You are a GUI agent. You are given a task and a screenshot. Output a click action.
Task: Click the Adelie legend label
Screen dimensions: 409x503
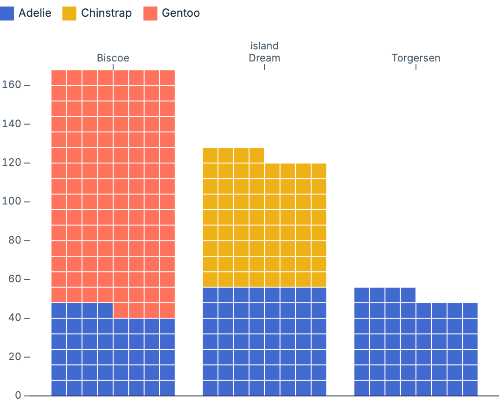pyautogui.click(x=35, y=13)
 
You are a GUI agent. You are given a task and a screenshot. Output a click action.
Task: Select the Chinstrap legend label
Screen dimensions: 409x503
pyautogui.click(x=106, y=13)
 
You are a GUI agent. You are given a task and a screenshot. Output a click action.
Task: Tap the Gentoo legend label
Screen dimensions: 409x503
pyautogui.click(x=181, y=13)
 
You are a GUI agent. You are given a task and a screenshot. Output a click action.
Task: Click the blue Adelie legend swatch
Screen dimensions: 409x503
pyautogui.click(x=7, y=13)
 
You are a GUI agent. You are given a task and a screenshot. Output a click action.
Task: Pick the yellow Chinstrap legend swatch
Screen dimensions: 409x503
pyautogui.click(x=69, y=13)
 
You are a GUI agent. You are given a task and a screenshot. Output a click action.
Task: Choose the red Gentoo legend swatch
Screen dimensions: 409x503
pyautogui.click(x=150, y=13)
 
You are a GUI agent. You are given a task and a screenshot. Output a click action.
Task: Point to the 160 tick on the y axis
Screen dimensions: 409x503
pyautogui.click(x=12, y=85)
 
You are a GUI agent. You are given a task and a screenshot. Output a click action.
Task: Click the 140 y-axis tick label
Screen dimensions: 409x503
pyautogui.click(x=12, y=124)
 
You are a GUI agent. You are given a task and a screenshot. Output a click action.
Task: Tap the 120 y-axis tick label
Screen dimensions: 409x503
pyautogui.click(x=12, y=163)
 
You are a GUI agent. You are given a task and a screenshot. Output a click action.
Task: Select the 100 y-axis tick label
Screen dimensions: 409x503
pyautogui.click(x=12, y=202)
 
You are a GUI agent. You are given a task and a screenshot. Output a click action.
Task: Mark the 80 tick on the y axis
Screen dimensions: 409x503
pyautogui.click(x=14, y=240)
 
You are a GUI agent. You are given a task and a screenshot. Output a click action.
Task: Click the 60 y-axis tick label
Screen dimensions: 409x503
pyautogui.click(x=14, y=279)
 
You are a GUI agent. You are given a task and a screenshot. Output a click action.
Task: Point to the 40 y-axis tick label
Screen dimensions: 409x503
pyautogui.click(x=14, y=318)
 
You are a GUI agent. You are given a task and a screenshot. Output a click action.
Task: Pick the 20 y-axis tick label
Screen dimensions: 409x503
pyautogui.click(x=14, y=357)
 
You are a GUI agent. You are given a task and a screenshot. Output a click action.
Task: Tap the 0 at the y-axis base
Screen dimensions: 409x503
pyautogui.click(x=18, y=395)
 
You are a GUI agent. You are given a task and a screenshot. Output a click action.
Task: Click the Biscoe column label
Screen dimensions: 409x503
pyautogui.click(x=113, y=58)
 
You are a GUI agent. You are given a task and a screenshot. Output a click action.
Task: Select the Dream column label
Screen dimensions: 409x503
pyautogui.click(x=264, y=58)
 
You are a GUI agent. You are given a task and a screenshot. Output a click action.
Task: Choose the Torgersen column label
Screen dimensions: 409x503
pyautogui.click(x=415, y=58)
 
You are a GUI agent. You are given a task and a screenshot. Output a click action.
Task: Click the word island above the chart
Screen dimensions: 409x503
pyautogui.click(x=264, y=46)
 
